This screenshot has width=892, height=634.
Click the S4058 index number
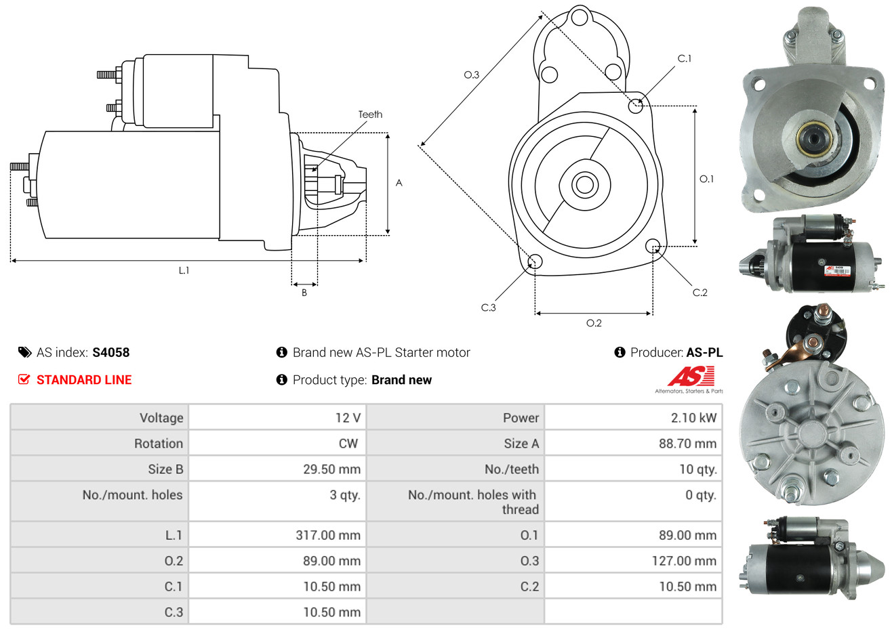[110, 353]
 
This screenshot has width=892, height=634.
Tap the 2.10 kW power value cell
[693, 417]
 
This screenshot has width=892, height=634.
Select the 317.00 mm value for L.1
[328, 535]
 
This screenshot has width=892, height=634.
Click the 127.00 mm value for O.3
[684, 561]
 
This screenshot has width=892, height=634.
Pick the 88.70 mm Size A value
[688, 444]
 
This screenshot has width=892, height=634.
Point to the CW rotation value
[348, 444]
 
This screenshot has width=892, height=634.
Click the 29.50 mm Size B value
[332, 469]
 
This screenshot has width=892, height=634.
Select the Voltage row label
[162, 418]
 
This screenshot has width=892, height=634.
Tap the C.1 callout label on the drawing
[685, 58]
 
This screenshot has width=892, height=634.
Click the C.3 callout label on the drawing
[488, 308]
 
